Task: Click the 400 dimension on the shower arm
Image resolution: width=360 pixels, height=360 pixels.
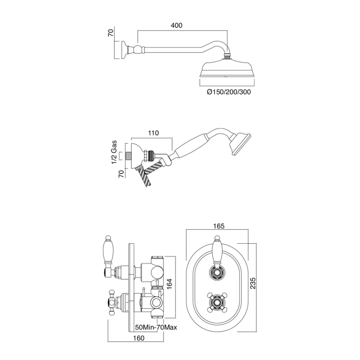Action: [x=177, y=25]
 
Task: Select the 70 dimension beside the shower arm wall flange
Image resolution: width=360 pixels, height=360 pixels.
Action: [x=111, y=33]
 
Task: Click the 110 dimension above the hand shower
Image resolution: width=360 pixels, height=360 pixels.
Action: [x=153, y=133]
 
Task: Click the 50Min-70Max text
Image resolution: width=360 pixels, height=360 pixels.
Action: [x=157, y=327]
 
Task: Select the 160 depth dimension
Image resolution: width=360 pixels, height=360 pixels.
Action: [x=139, y=338]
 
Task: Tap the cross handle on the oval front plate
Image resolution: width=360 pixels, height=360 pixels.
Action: [x=217, y=302]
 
